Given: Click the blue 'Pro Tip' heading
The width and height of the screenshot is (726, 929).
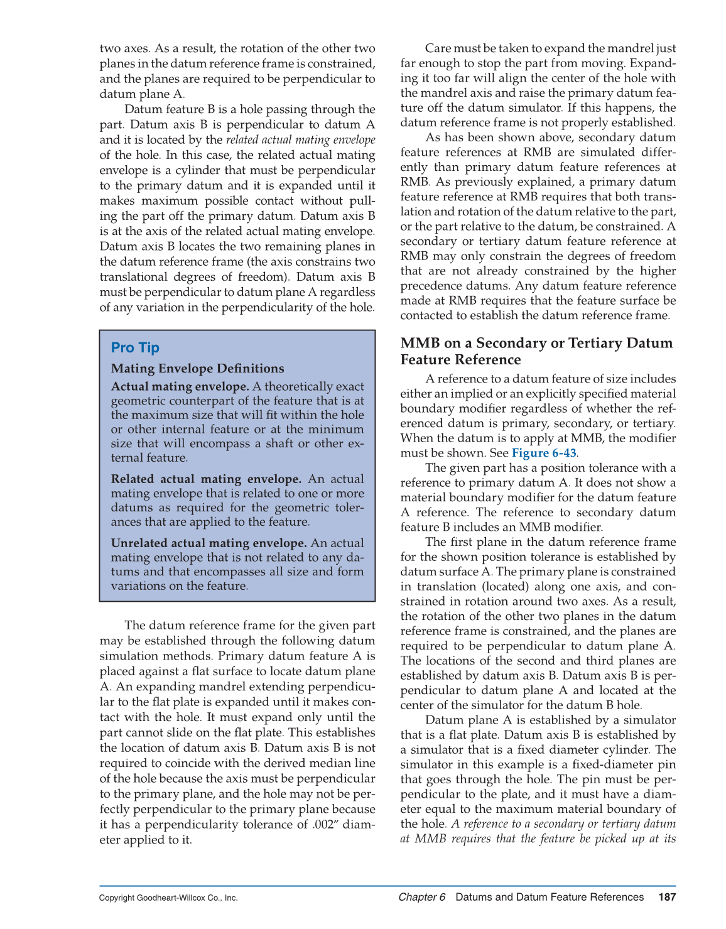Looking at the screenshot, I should tap(135, 347).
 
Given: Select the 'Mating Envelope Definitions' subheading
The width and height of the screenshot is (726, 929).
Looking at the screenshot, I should tap(197, 369).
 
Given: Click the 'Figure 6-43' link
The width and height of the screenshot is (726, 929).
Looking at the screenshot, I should tap(544, 453).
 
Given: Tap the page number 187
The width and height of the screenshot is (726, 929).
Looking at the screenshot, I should tap(667, 897).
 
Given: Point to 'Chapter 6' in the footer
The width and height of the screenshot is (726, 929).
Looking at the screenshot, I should tap(421, 897).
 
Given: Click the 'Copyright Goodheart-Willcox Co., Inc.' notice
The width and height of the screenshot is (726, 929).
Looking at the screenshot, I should tap(168, 898).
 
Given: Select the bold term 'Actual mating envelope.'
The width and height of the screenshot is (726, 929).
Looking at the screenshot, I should tap(180, 386).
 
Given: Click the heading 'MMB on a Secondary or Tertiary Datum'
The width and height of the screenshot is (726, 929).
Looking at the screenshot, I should tap(536, 343).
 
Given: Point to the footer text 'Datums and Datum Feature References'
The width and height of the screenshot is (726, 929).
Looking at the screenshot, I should tap(550, 897).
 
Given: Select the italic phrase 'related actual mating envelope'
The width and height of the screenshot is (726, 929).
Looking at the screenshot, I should tap(300, 140).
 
